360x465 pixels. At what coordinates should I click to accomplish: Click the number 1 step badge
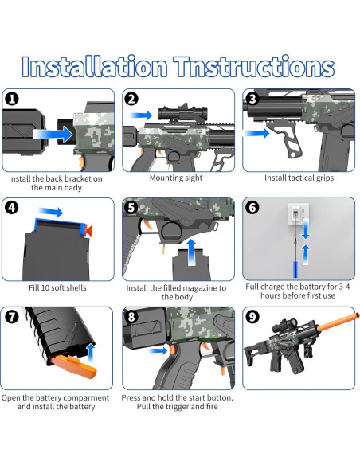(x=12, y=99)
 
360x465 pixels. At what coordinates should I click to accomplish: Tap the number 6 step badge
(x=252, y=208)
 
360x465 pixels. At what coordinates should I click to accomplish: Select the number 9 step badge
(x=252, y=317)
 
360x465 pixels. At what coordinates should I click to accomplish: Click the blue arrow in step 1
(x=53, y=134)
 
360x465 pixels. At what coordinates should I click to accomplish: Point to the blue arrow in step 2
(x=141, y=115)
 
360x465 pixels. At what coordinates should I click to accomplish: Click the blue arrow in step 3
(x=256, y=133)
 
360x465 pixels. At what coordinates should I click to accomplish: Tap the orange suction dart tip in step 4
(x=88, y=230)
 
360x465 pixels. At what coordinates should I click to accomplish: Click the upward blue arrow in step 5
(x=192, y=252)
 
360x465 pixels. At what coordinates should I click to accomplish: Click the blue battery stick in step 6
(x=295, y=269)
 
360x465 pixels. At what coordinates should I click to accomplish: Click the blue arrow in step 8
(x=158, y=351)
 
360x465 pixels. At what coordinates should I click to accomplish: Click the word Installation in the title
(x=94, y=66)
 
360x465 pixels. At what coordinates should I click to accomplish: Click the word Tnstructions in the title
(x=254, y=66)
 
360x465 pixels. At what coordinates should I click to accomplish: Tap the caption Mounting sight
(x=176, y=178)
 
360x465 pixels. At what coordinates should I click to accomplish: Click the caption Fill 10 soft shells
(x=57, y=287)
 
